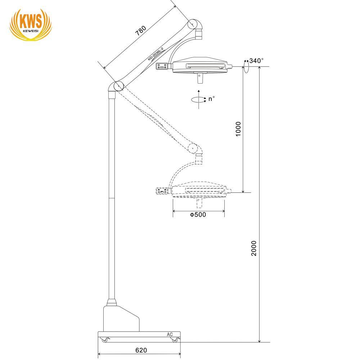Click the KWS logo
pos(31,25)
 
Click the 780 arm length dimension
pos(140,31)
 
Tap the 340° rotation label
pos(256,60)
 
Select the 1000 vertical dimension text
pos(238,129)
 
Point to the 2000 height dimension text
pos(253,248)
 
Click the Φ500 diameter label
pos(198,215)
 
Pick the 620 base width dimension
pos(141,350)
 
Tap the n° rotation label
pos(211,99)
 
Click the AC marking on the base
pos(170,334)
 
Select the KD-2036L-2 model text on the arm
pos(156,54)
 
